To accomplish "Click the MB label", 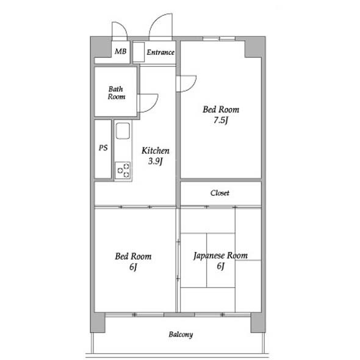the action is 121,51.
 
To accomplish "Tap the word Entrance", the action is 160,52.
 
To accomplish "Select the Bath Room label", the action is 116,93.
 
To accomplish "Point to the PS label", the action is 103,148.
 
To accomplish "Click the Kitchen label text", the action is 156,151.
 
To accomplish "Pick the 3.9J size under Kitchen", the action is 156,161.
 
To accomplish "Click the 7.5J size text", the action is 221,120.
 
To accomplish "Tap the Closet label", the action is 220,193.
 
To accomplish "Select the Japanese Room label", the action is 220,256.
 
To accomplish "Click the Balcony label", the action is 181,334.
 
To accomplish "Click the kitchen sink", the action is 123,131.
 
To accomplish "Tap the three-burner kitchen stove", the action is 123,170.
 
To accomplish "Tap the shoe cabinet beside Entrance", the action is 139,52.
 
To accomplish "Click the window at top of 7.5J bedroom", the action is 219,38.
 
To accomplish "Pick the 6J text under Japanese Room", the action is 220,266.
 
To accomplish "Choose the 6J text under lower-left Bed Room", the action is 133,267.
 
